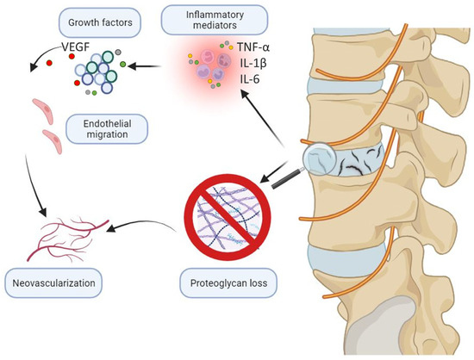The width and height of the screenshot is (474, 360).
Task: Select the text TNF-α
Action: point(255,50)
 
